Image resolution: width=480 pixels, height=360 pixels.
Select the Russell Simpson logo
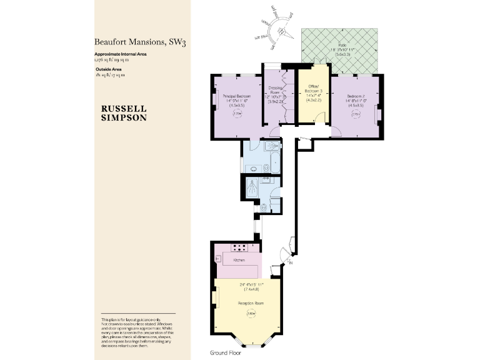tap(124, 112)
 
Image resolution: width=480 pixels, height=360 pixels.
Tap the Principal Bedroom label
tap(237, 96)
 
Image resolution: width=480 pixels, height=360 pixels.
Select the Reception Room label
tap(251, 303)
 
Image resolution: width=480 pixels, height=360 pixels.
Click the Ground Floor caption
tap(226, 352)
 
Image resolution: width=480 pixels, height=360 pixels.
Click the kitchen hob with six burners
tap(239, 246)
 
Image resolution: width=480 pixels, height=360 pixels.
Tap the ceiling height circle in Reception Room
tap(251, 314)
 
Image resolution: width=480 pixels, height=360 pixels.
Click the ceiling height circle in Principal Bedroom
tap(237, 114)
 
